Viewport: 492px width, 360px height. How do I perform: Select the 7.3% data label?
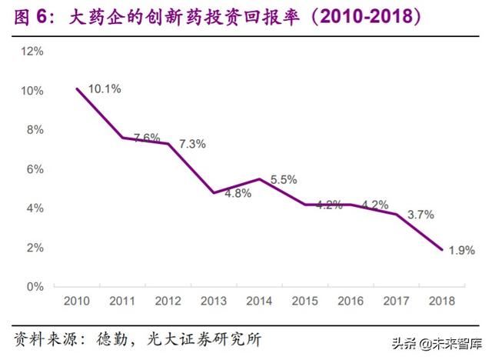click(x=191, y=144)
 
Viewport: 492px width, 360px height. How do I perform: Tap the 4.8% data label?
click(x=238, y=193)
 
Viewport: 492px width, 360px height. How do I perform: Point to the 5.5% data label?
click(x=284, y=179)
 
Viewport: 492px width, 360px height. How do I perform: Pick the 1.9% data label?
click(x=461, y=249)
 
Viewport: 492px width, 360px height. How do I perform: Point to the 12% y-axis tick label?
click(x=32, y=52)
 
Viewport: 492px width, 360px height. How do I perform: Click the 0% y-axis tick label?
click(x=35, y=287)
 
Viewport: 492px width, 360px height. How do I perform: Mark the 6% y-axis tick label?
click(x=35, y=169)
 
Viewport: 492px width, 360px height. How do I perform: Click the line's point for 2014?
click(x=261, y=179)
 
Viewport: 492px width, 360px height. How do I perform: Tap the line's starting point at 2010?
click(x=78, y=88)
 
